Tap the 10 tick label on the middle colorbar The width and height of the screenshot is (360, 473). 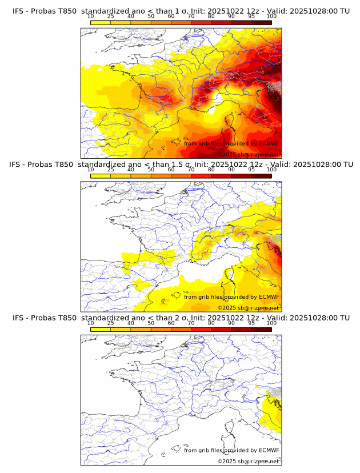click(90, 169)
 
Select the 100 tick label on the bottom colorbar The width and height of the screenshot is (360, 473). click(271, 323)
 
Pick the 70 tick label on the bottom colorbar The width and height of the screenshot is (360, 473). click(191, 323)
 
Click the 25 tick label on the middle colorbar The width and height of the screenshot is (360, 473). click(110, 169)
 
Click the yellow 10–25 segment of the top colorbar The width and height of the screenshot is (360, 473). click(101, 22)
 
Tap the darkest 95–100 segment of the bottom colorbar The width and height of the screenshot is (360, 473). click(261, 330)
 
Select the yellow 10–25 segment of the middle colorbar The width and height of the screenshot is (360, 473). click(101, 176)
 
